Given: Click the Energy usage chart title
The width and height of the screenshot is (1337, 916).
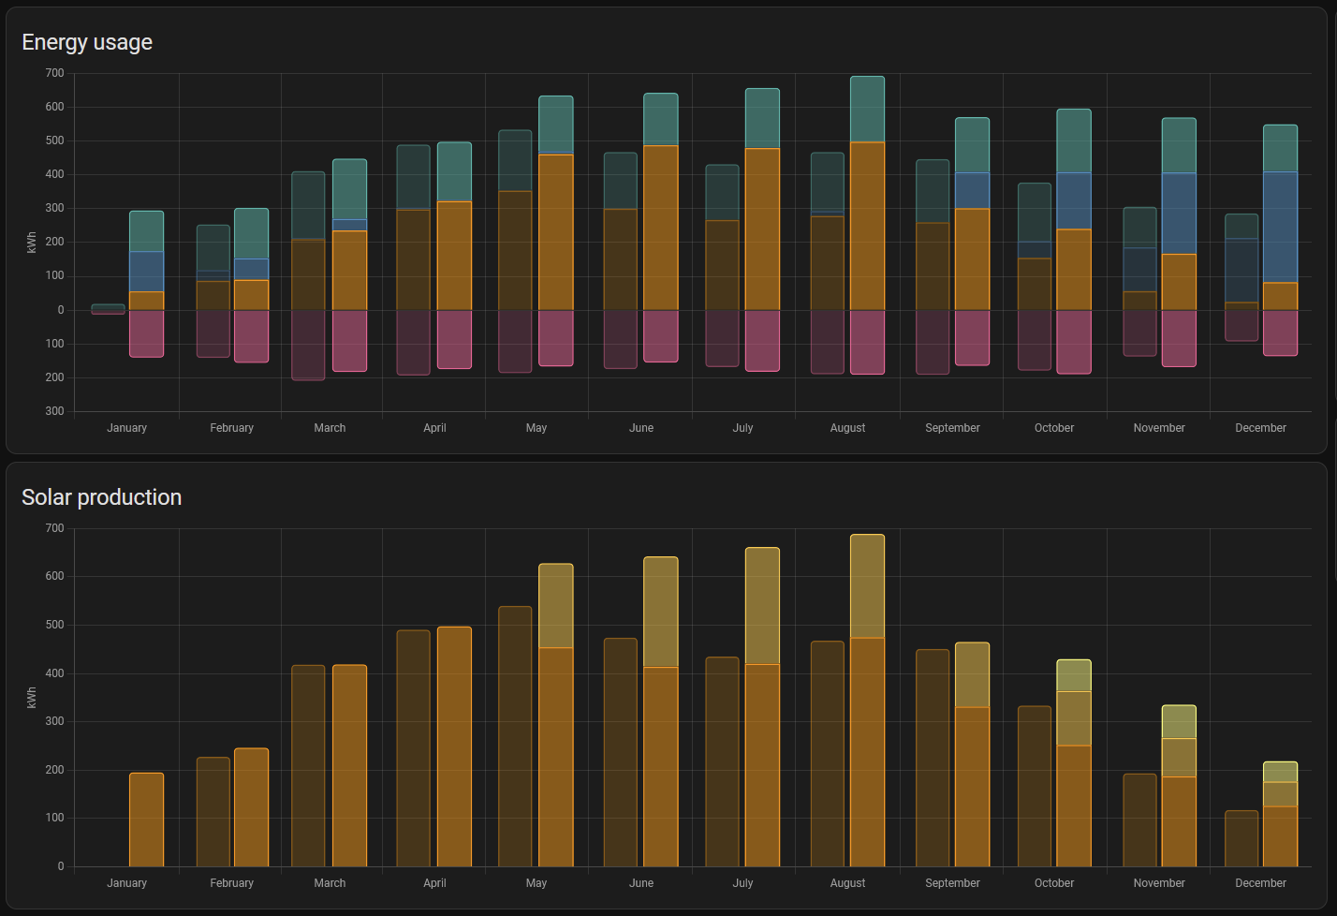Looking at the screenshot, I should (x=87, y=42).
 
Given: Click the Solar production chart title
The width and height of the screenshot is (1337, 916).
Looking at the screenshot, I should (x=101, y=497).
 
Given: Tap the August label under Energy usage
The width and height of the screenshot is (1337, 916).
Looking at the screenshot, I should (x=847, y=428).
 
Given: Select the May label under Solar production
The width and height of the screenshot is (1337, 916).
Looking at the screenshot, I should (x=536, y=883).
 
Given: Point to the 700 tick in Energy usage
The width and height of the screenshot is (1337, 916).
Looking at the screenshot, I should (x=54, y=73).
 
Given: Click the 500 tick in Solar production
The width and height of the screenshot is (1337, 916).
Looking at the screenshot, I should (x=54, y=625).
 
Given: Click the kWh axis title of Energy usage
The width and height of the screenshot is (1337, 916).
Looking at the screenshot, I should (x=32, y=243).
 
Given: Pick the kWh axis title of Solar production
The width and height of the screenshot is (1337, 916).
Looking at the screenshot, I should (x=32, y=698).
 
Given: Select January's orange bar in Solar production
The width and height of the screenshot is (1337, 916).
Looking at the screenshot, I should (x=146, y=820).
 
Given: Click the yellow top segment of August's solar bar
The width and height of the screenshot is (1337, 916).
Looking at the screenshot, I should (x=867, y=586).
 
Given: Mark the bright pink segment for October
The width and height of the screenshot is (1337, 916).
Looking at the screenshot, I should (x=1074, y=342).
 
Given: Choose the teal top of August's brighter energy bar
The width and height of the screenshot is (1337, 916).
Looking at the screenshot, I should (x=867, y=110).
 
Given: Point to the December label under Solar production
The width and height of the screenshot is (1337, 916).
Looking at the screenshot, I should (x=1260, y=883).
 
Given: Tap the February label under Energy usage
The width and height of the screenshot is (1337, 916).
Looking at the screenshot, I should (x=231, y=428).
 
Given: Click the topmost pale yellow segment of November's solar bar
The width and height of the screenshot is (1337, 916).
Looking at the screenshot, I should (x=1179, y=722).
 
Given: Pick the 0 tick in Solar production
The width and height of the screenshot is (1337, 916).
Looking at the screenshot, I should (x=60, y=866).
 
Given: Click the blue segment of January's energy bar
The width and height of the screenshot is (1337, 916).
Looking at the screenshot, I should (x=146, y=272).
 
